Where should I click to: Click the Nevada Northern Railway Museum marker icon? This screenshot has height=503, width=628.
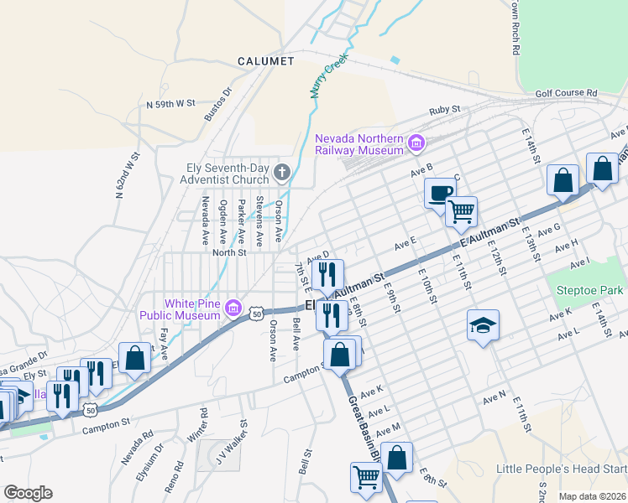[416, 144]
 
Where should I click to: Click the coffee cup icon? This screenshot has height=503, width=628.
[439, 194]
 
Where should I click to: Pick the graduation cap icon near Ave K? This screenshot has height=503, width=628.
[483, 324]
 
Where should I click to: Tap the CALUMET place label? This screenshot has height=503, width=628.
[265, 61]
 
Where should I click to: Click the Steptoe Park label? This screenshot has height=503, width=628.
[590, 290]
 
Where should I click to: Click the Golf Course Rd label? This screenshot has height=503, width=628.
[567, 93]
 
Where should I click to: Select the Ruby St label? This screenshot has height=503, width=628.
[445, 110]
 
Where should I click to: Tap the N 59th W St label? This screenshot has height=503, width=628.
[170, 104]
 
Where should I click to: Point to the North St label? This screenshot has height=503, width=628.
[229, 251]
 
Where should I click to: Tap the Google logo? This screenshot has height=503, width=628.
[28, 493]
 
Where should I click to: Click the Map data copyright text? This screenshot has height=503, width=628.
[592, 496]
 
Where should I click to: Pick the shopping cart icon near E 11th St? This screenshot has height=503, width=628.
[461, 211]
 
